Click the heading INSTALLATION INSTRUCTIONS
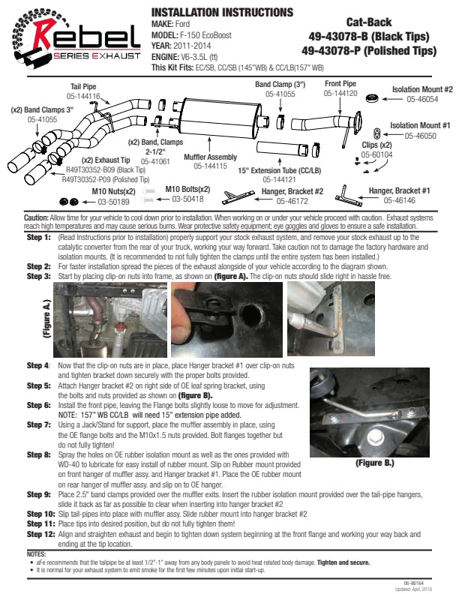222,13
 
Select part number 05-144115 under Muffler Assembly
210,166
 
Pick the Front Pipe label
340,84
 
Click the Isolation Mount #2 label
422,89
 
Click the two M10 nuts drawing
69,201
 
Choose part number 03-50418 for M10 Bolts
188,199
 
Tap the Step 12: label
40,534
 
